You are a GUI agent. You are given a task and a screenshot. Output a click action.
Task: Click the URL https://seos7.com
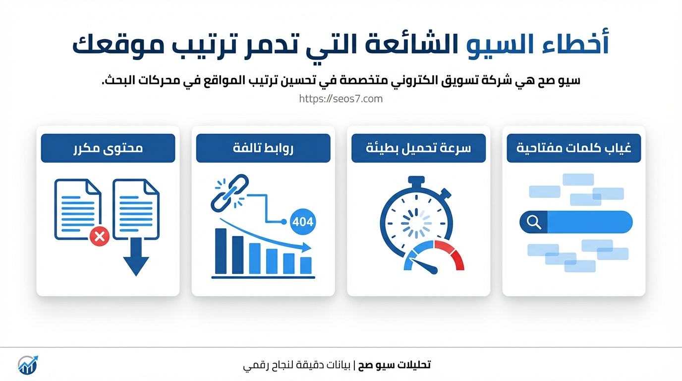coord(341,99)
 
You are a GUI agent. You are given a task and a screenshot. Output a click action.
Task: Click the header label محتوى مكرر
coord(108,148)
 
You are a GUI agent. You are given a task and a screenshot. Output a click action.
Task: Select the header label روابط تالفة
coord(263,148)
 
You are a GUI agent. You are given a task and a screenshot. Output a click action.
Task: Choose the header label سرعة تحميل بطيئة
coord(418,148)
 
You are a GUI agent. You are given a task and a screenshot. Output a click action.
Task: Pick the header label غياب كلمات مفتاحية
coord(573,148)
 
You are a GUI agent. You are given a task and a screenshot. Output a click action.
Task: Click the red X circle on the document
coord(100,236)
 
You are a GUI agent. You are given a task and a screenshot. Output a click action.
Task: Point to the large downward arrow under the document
coord(136,257)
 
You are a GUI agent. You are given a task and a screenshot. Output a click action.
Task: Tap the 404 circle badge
coord(302,222)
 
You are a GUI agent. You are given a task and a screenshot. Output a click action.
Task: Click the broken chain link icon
coord(230,193)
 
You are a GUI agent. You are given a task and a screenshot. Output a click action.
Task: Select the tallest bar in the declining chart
coord(221,251)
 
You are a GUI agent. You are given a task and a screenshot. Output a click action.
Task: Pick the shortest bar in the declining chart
coord(306,266)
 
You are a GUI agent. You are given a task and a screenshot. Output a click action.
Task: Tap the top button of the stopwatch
coord(416,181)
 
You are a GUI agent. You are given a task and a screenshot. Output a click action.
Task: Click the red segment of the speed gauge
coord(450,254)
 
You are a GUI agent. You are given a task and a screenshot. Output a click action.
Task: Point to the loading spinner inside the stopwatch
coord(416,223)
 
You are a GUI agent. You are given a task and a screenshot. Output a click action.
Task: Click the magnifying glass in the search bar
coord(534,222)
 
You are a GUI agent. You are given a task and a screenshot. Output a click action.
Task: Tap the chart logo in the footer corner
coord(28,365)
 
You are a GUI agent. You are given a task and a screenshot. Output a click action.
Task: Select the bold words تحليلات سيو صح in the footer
coord(394,365)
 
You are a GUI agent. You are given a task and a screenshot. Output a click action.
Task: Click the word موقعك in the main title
coord(118,46)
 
